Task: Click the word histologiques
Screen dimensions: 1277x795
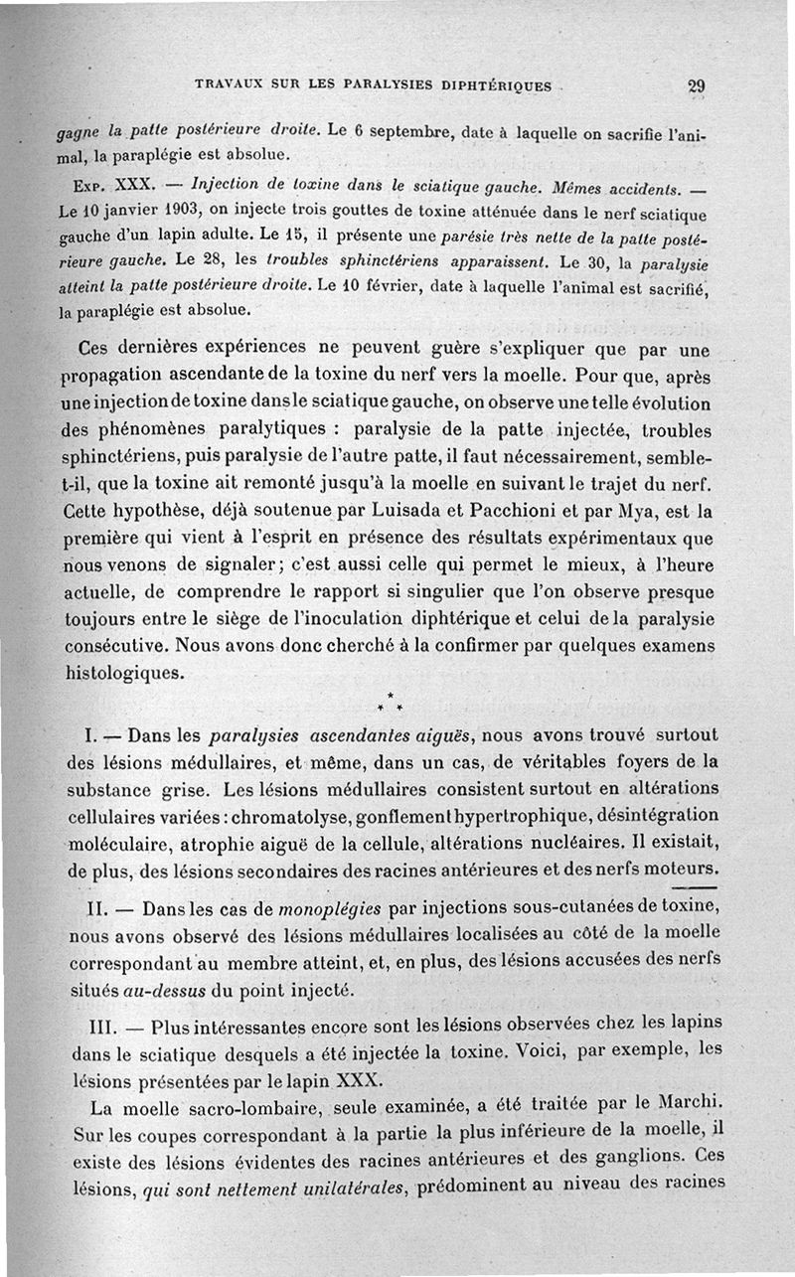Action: coord(124,673)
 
